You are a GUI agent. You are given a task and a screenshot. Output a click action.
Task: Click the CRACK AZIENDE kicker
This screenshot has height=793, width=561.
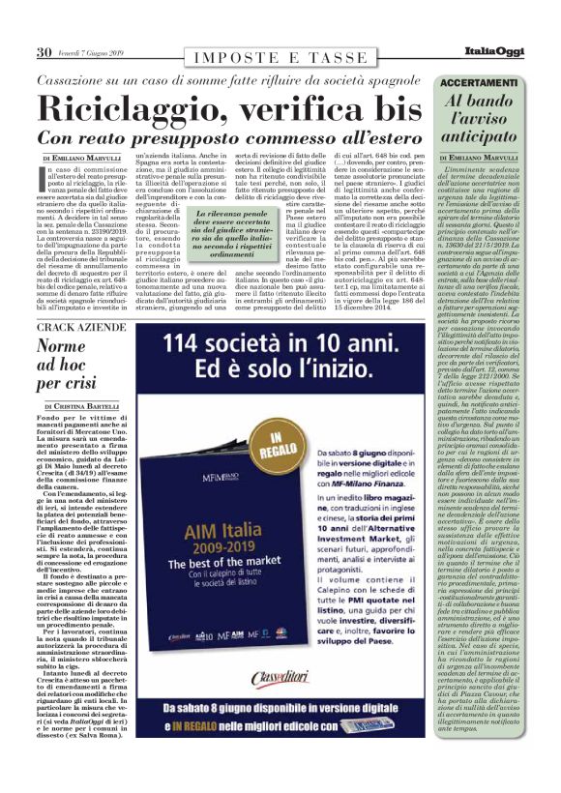pyautogui.click(x=84, y=329)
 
